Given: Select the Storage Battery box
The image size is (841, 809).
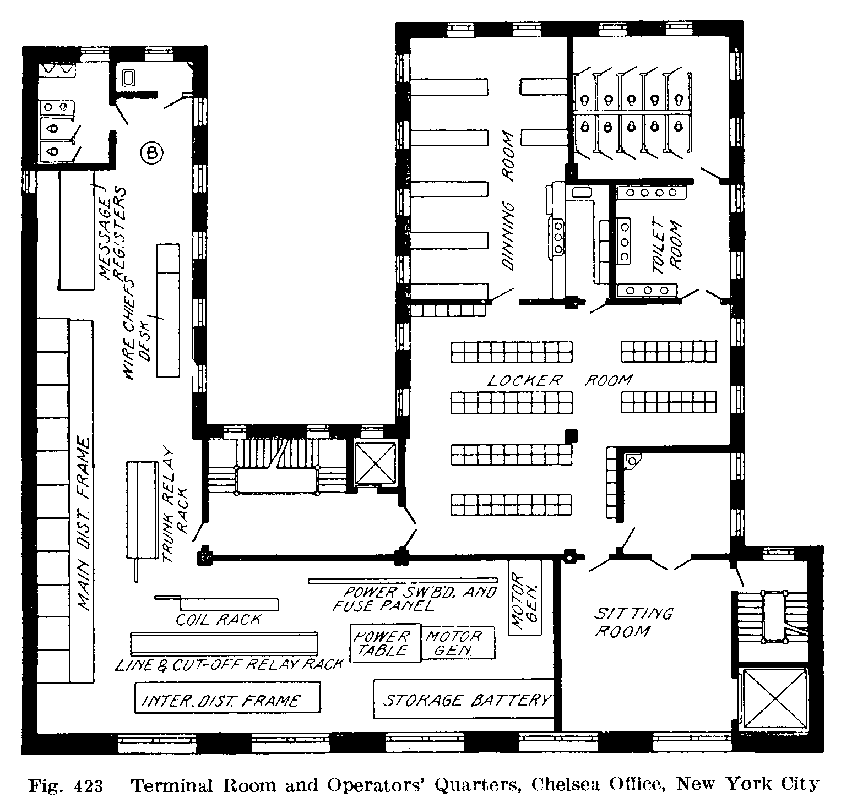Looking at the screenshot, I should coord(464,699).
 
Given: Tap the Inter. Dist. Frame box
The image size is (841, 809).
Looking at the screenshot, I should coord(227,698).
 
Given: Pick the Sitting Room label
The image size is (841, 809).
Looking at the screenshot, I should coord(633,621).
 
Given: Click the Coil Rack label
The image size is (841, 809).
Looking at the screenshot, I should coord(218,620).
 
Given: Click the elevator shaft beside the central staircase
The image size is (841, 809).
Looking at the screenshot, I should coord(375,463).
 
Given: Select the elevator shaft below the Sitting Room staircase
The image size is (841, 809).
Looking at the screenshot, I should coord(774,698).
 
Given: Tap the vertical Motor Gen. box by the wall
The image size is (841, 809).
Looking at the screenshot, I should coord(525,597).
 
